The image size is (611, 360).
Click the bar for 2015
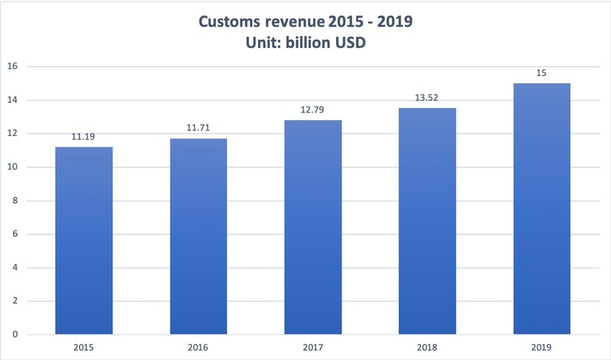click(x=84, y=241)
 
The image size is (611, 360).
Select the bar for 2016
click(x=199, y=236)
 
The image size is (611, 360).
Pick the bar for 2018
click(x=428, y=221)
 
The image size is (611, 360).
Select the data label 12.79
click(x=313, y=112)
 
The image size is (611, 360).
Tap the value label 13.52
click(x=428, y=99)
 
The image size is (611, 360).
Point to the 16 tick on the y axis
click(x=12, y=66)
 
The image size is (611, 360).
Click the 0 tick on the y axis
click(x=15, y=335)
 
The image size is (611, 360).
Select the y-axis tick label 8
click(x=15, y=201)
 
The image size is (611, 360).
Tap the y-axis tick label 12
click(x=12, y=134)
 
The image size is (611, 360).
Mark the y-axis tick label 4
click(x=15, y=268)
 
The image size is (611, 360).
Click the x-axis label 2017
click(x=313, y=348)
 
